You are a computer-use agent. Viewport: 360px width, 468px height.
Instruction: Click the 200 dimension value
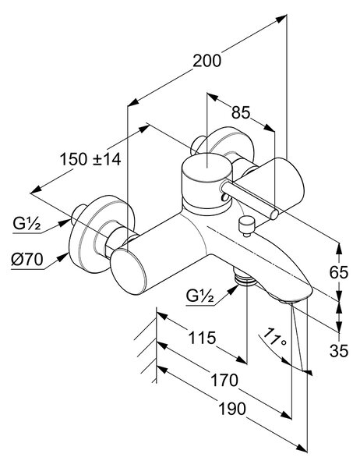click(206, 61)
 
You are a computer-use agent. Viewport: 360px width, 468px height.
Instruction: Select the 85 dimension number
click(241, 112)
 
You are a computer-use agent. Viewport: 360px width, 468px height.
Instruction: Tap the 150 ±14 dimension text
click(90, 159)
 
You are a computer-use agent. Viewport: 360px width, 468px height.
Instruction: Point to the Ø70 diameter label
click(26, 260)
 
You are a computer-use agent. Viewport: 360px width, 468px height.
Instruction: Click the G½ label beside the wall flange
click(26, 224)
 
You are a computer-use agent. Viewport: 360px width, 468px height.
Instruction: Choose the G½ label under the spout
click(199, 296)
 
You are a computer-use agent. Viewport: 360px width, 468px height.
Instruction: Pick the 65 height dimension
click(339, 272)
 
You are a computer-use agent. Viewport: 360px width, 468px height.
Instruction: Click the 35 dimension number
click(339, 351)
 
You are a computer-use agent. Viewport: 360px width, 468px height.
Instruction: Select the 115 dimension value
click(202, 338)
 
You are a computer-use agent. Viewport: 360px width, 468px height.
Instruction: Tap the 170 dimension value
click(224, 381)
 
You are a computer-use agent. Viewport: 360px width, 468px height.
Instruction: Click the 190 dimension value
click(233, 409)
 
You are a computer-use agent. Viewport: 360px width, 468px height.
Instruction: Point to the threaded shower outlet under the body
click(245, 280)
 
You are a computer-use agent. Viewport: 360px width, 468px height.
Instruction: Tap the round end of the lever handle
click(274, 214)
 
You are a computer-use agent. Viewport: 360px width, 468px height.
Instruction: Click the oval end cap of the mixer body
click(129, 271)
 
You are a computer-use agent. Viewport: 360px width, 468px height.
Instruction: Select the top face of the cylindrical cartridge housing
click(206, 168)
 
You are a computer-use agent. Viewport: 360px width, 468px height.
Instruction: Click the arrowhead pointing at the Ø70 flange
click(63, 257)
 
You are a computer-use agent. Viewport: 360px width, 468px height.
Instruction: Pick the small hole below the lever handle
click(223, 197)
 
